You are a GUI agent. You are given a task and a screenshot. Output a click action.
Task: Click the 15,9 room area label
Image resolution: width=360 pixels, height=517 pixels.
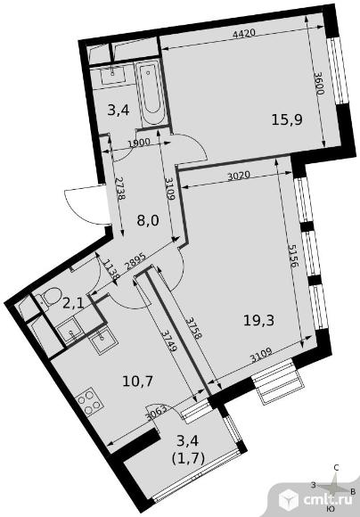pos(287,119)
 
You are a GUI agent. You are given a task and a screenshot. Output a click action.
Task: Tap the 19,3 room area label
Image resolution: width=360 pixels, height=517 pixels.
pos(258,320)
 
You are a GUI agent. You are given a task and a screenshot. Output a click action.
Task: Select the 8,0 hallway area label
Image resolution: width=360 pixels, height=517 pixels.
pos(148,220)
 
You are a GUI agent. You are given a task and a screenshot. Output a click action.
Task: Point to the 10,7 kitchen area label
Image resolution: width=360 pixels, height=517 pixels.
pos(137,382)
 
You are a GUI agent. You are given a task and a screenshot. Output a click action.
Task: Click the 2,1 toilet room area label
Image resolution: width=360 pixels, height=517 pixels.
pos(74,302)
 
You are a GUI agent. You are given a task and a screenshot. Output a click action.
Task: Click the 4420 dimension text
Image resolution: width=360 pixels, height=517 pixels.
pos(244,33)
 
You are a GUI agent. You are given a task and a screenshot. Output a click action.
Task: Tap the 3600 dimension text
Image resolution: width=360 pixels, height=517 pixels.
pos(319,84)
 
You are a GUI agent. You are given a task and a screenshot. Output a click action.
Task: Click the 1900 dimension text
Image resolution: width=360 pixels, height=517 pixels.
pos(139,143)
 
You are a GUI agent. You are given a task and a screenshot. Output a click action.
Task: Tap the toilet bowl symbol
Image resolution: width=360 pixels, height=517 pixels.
pos(49,296)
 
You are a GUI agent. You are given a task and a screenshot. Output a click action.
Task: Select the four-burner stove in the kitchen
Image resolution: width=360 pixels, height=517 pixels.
pos(89,401)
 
